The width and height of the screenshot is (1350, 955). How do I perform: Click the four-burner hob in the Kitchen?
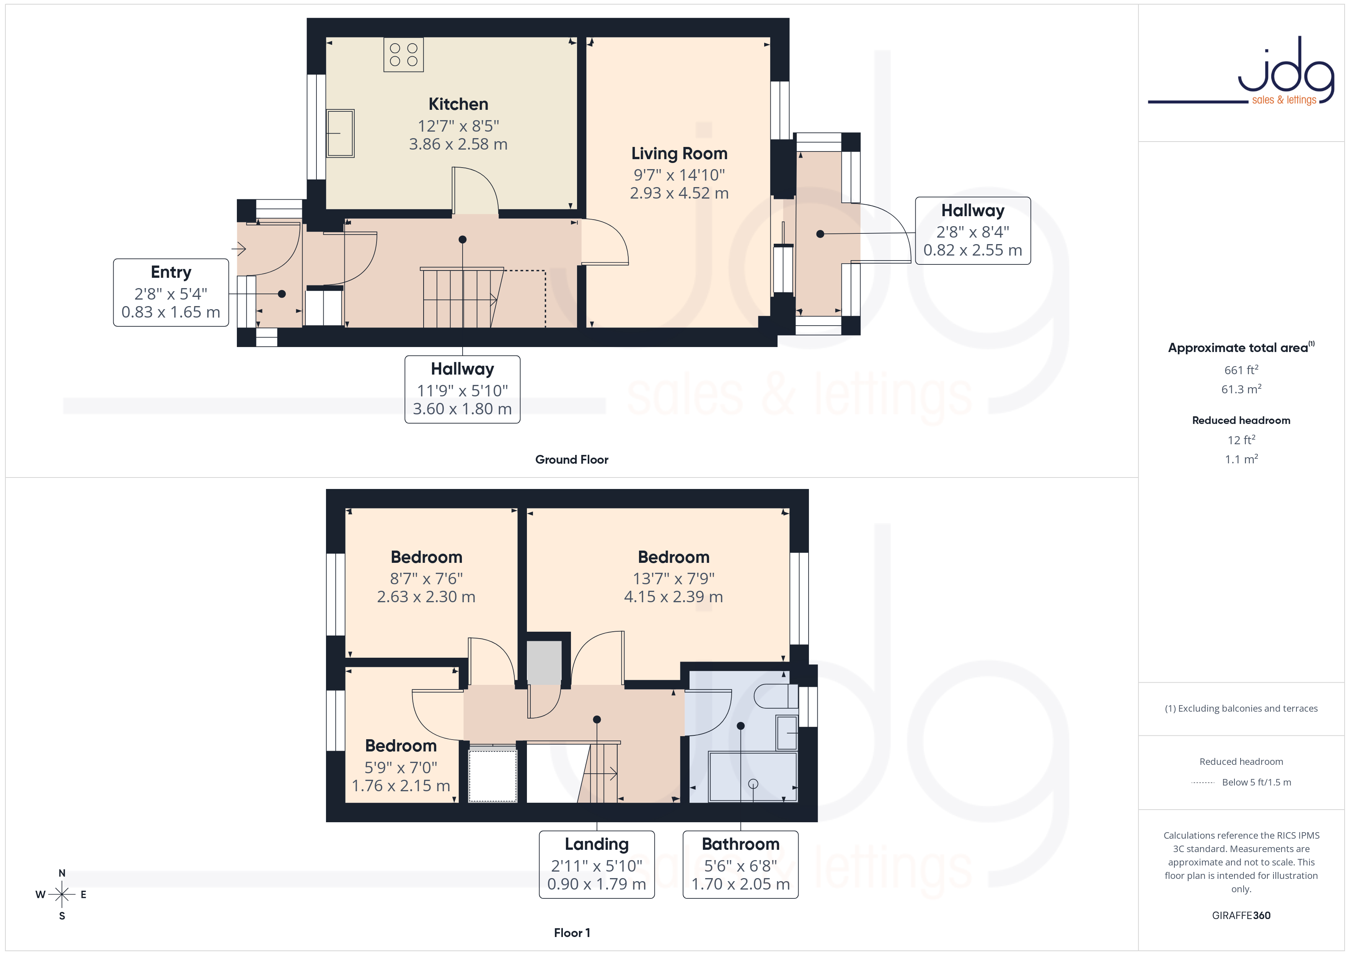tap(403, 55)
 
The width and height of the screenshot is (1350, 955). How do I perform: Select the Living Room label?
tap(679, 173)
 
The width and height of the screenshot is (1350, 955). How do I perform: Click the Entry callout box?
tap(171, 292)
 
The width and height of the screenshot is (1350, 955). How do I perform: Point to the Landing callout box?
tap(597, 864)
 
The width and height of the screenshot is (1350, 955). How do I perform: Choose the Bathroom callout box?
tap(740, 864)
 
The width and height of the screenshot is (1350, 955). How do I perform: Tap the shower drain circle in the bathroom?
tap(753, 784)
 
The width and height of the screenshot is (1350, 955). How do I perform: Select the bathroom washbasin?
tap(787, 733)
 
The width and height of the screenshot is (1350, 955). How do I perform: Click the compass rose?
tap(62, 895)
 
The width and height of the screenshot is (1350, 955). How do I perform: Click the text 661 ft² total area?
tap(1241, 370)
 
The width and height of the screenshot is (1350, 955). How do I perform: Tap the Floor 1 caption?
tap(572, 933)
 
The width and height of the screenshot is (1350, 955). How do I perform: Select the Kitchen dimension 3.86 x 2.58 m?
tap(458, 144)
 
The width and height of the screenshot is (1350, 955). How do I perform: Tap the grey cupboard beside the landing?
tap(544, 663)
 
